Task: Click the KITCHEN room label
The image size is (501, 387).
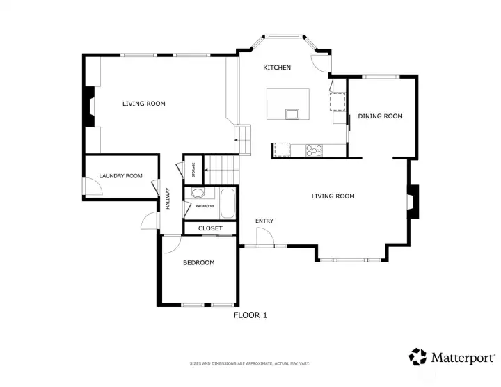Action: tap(276, 68)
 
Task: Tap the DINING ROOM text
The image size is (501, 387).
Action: tap(380, 116)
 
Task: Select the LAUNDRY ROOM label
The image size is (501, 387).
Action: tap(120, 176)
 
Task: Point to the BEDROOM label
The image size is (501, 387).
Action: tap(198, 263)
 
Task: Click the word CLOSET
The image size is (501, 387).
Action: tap(210, 228)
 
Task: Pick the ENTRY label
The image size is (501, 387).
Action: tap(264, 221)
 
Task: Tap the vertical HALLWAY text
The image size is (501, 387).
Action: tap(168, 200)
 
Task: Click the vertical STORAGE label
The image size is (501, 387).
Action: tap(193, 169)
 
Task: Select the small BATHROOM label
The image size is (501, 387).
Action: tap(205, 206)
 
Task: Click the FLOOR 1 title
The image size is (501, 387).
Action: tap(250, 315)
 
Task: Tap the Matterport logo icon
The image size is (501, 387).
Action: tap(417, 357)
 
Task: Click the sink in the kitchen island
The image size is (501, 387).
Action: tap(291, 113)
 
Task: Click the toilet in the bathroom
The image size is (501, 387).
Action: tap(198, 193)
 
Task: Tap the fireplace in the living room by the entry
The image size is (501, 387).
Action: tap(413, 202)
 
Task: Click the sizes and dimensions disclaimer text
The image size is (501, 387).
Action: tap(250, 363)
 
